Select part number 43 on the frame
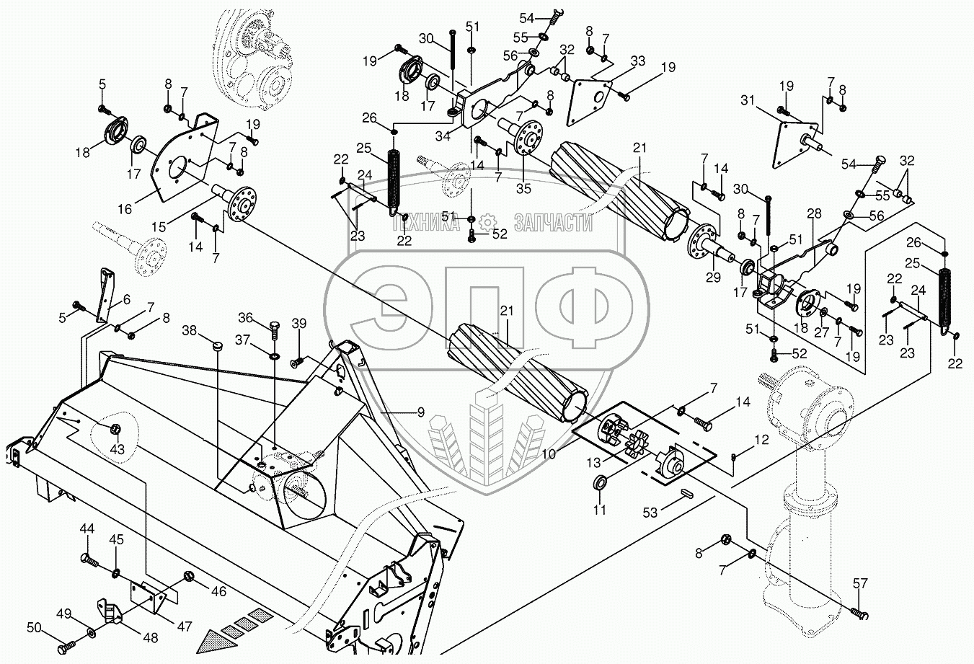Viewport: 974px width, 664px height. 117,449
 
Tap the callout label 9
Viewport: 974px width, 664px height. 420,413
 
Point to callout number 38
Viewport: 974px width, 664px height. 188,329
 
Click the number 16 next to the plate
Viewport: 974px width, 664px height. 125,209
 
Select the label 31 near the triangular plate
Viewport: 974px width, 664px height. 748,100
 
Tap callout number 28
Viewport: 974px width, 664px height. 814,215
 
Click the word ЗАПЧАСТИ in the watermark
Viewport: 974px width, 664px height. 553,224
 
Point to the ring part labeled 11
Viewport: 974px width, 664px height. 600,482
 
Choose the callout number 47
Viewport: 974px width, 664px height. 185,627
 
